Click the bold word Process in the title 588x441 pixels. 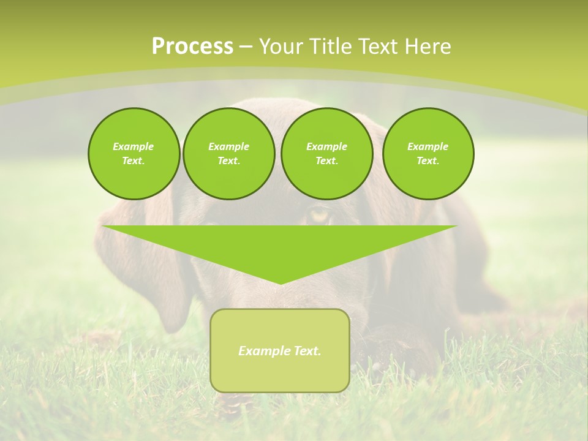click(x=192, y=47)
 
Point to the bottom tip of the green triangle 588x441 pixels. click(x=281, y=283)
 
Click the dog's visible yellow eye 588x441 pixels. click(x=319, y=215)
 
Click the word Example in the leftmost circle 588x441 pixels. click(x=134, y=146)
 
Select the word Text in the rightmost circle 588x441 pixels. click(x=428, y=160)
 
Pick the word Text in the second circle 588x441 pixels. click(x=228, y=160)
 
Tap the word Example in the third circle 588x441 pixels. click(x=326, y=146)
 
